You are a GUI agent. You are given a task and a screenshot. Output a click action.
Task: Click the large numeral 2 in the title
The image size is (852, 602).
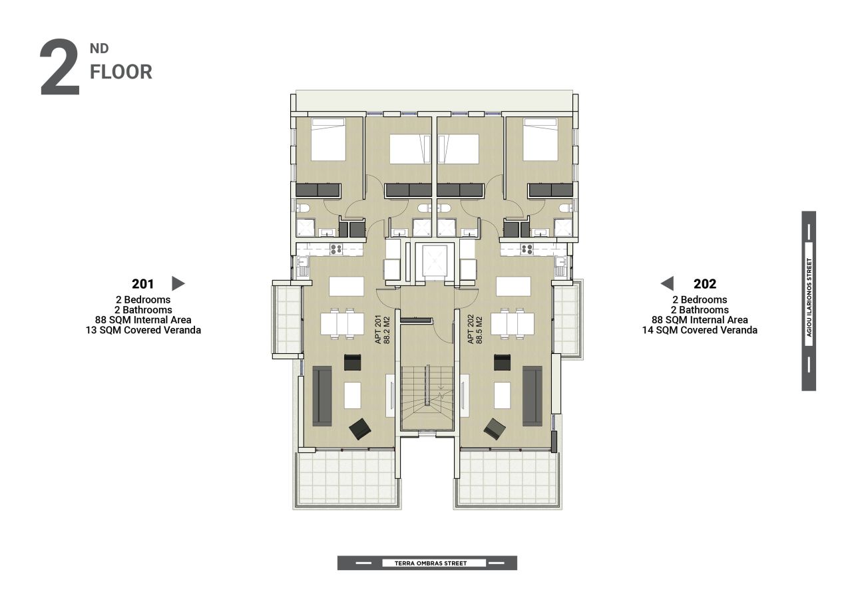tap(60, 67)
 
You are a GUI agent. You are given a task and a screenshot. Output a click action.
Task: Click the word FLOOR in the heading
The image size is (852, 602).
tap(121, 72)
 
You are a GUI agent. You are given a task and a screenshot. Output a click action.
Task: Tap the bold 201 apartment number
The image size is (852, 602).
tap(142, 284)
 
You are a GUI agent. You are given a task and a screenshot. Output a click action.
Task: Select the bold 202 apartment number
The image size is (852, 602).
tap(705, 284)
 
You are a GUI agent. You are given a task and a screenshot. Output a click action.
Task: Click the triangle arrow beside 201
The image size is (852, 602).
tap(178, 283)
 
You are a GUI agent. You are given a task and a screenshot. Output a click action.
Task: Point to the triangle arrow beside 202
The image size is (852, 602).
tap(667, 283)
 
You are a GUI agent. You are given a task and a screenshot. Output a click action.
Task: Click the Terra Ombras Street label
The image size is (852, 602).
tap(431, 563)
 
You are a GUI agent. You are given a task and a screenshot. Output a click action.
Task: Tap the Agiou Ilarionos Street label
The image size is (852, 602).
tap(809, 297)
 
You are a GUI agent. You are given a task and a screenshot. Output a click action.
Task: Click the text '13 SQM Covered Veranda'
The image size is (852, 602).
tap(143, 330)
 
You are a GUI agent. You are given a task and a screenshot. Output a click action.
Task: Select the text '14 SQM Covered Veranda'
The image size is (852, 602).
tap(700, 330)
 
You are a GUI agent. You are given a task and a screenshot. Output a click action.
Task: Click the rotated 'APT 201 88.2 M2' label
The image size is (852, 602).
tap(383, 329)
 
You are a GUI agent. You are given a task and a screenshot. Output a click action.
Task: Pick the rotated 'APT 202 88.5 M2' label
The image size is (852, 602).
tap(475, 329)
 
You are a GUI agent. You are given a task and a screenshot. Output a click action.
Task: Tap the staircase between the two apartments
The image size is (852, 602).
tap(427, 398)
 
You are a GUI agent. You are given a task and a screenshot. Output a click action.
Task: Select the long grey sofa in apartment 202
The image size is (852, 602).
tap(532, 396)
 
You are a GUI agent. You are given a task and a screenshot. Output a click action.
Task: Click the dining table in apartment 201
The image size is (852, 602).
tap(342, 323)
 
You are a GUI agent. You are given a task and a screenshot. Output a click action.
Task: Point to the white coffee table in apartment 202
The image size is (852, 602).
tap(503, 395)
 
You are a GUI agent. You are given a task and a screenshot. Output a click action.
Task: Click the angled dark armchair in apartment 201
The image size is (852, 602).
tap(360, 429)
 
